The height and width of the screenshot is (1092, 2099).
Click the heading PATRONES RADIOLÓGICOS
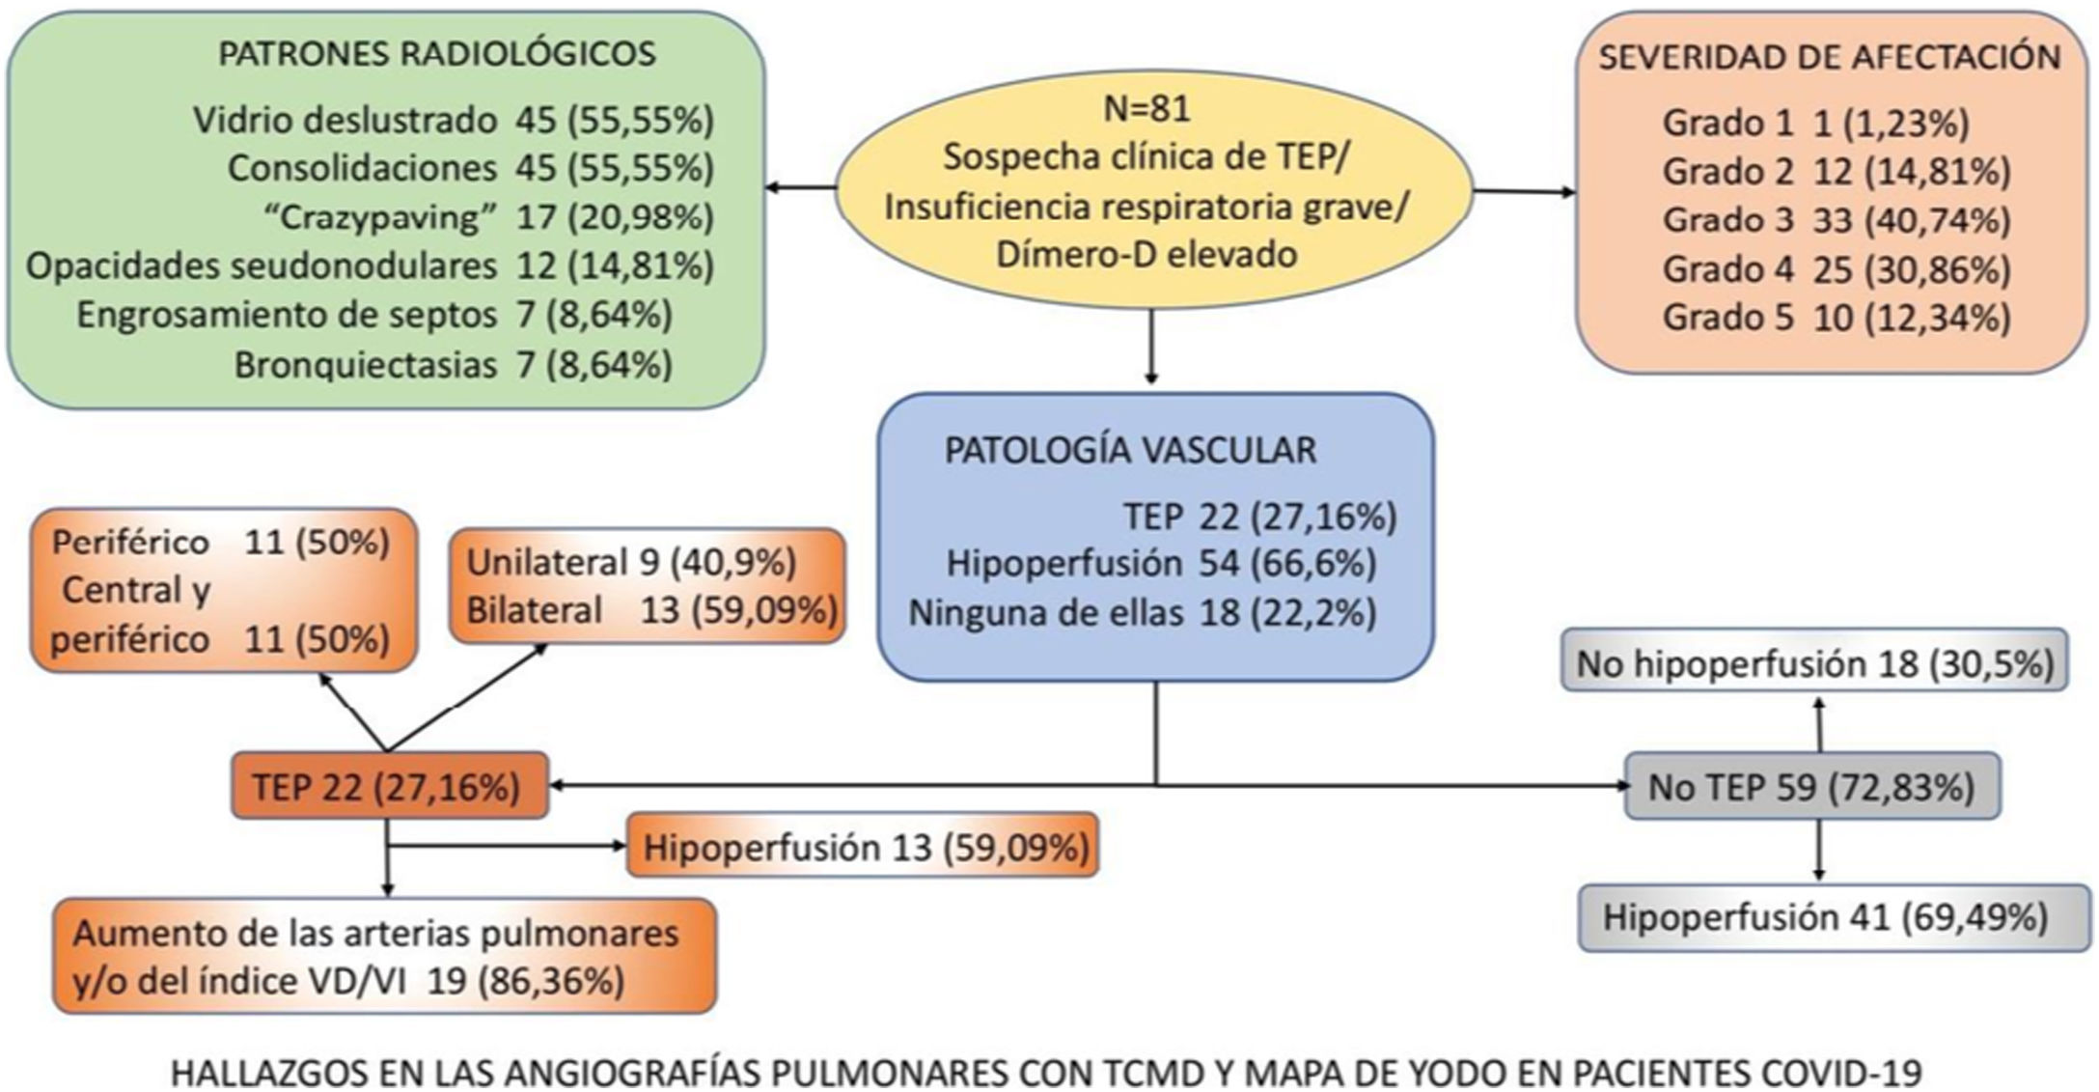coord(436,54)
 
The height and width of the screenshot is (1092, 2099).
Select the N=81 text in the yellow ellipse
coord(1146,108)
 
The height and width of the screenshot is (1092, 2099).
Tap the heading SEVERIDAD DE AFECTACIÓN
coord(1830,57)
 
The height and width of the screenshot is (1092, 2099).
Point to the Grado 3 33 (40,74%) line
coord(1836,220)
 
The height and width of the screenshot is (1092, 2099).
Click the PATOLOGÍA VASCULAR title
coord(1129,451)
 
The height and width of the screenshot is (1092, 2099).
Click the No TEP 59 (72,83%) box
coord(1810,788)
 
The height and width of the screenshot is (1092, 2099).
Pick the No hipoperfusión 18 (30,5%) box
coord(1814,663)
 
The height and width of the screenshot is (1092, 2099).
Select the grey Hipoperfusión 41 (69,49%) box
coord(1825,917)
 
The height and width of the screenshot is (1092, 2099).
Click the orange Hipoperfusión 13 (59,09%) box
coord(865,848)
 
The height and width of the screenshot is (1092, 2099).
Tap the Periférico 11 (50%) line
coord(220,543)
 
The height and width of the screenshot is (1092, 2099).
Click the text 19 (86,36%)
coord(525,981)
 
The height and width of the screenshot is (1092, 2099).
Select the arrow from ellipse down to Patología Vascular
coord(1149,348)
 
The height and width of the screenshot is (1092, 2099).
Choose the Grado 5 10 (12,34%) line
coord(1836,318)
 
